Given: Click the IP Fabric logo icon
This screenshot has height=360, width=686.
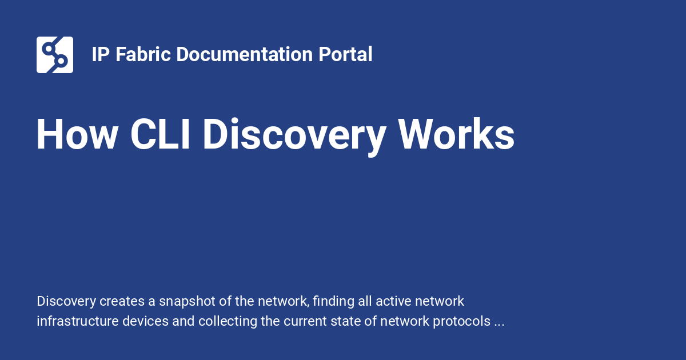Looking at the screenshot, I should [55, 55].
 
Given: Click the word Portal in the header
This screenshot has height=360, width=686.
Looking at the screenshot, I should [346, 55].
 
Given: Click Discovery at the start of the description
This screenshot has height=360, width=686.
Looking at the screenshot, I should [66, 301].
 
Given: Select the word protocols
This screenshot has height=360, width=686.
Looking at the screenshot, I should [464, 322].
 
